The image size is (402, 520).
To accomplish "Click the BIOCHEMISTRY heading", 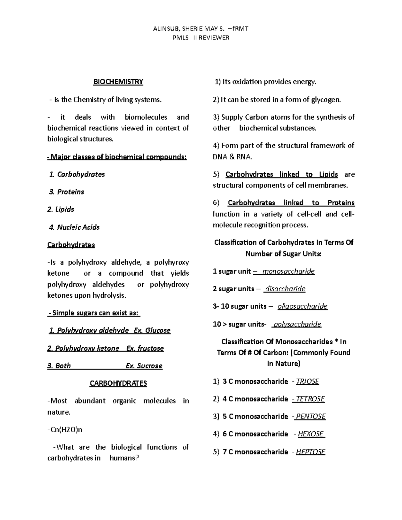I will (118, 82).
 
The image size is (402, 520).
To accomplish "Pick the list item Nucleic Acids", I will (78, 227).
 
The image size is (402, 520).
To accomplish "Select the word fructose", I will (150, 349).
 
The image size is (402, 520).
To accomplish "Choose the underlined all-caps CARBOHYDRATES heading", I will (118, 383).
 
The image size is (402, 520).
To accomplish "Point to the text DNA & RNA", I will (232, 157).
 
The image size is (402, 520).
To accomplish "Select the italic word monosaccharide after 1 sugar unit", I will (288, 272).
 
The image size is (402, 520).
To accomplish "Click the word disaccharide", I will (285, 289).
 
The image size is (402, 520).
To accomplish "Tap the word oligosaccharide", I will (302, 306).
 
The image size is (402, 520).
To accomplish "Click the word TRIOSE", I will (308, 382).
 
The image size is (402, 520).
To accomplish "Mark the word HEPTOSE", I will (311, 452).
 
